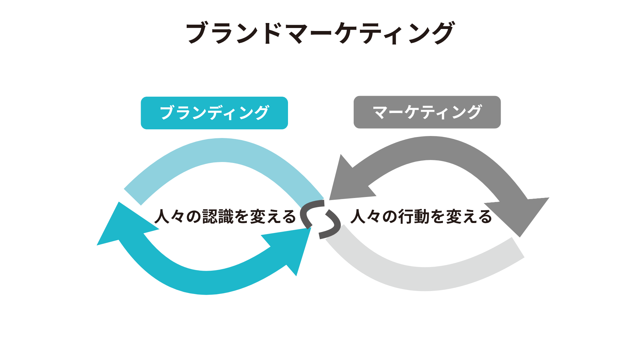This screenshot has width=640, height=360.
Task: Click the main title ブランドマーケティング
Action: (x=320, y=33)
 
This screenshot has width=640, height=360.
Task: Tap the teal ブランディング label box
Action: (x=214, y=113)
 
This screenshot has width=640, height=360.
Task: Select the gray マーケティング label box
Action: (x=427, y=112)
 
